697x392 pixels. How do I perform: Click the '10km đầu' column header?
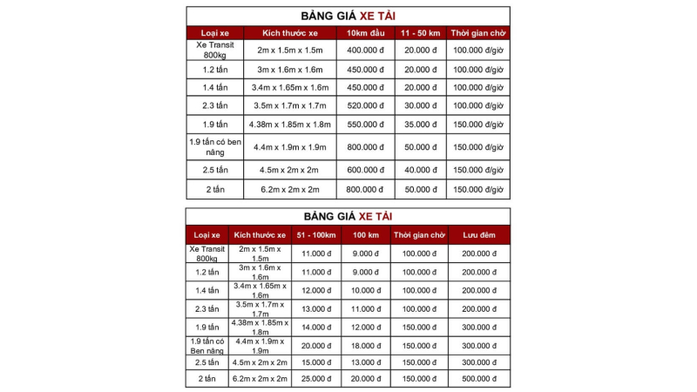(x=365, y=33)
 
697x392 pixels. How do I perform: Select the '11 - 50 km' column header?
(x=420, y=33)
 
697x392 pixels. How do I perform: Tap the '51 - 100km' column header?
(x=315, y=234)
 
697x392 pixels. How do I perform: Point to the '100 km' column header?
(x=366, y=234)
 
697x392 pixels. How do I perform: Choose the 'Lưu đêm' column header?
(x=478, y=234)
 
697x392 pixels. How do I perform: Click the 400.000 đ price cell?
(x=365, y=50)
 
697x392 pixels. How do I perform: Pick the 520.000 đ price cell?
(x=365, y=105)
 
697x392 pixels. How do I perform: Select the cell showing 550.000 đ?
(x=365, y=125)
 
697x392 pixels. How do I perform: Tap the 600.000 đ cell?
(x=365, y=170)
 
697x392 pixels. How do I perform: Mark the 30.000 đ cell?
(x=420, y=105)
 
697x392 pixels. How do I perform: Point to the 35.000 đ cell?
(x=420, y=125)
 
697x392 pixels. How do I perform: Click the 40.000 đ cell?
(x=420, y=170)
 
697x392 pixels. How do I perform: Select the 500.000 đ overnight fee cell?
(x=478, y=379)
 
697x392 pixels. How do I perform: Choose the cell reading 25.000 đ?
(x=315, y=379)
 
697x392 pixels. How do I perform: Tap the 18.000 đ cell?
(x=366, y=344)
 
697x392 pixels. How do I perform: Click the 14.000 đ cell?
(x=315, y=326)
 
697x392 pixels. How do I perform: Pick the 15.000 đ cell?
(x=315, y=362)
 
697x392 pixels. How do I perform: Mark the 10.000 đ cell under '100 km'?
(x=366, y=290)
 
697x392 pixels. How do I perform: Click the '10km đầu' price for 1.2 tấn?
(x=365, y=69)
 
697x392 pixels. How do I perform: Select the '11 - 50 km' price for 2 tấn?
(x=420, y=189)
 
